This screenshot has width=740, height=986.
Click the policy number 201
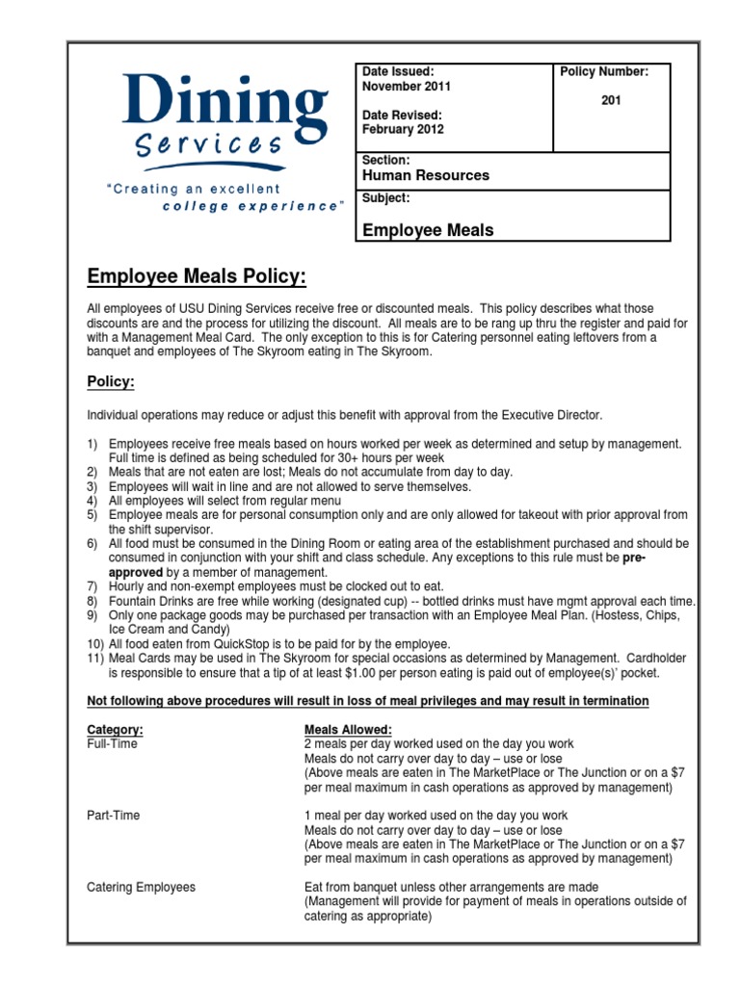click(x=611, y=100)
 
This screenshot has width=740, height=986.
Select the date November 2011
click(x=406, y=86)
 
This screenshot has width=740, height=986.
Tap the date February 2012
click(x=403, y=129)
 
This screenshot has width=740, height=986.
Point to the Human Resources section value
click(x=425, y=175)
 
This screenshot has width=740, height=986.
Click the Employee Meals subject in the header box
click(x=428, y=230)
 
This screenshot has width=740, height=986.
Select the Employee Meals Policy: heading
click(x=197, y=277)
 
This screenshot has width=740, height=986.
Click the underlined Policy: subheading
click(x=111, y=382)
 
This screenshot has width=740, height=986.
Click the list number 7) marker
click(x=94, y=585)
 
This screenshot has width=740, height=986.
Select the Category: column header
click(x=116, y=730)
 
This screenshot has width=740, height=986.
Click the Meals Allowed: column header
click(x=348, y=730)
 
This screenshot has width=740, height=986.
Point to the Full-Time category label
click(x=112, y=744)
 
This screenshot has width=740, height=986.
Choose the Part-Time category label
click(x=113, y=816)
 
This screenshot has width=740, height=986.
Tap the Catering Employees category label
click(x=141, y=887)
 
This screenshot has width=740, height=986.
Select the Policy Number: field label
click(x=604, y=71)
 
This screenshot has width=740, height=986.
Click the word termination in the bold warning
click(x=613, y=701)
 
